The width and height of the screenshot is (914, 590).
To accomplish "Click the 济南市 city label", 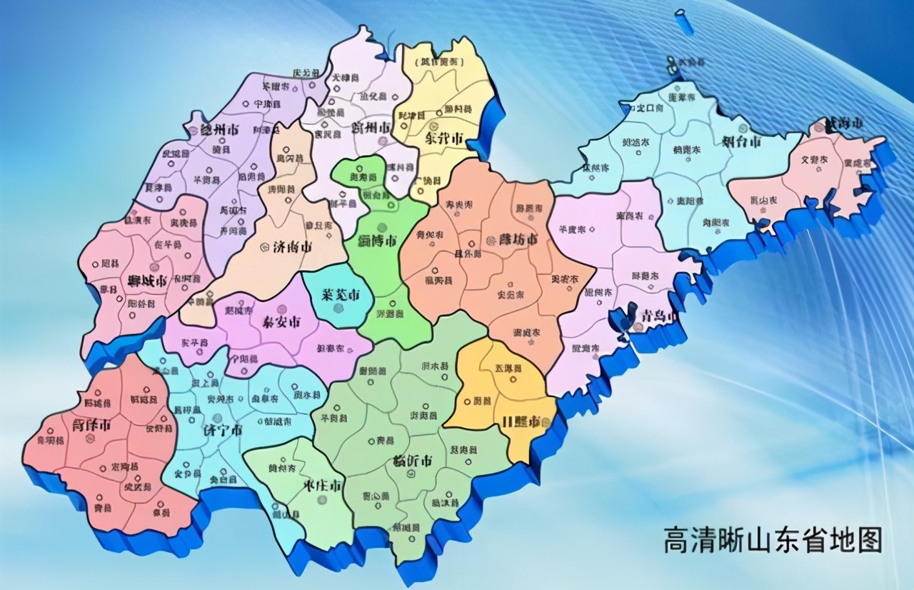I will click(x=292, y=248).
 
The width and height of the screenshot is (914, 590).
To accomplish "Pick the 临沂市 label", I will click(x=412, y=460).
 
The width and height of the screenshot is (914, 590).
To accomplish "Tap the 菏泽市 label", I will click(x=91, y=426).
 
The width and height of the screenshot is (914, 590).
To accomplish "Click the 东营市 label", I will click(x=444, y=138).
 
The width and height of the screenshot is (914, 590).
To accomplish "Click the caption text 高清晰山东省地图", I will click(x=773, y=539).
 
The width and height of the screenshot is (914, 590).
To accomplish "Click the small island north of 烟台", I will click(x=683, y=21).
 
